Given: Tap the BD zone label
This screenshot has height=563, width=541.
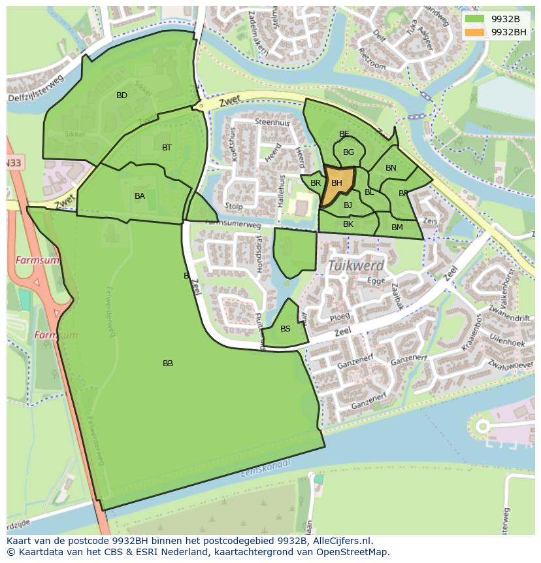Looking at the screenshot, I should [x=122, y=95].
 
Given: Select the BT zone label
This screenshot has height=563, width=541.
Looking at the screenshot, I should [x=167, y=148].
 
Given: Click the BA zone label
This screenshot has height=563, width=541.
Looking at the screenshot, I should [x=140, y=196].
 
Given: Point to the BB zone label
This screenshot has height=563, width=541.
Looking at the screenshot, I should [x=168, y=364].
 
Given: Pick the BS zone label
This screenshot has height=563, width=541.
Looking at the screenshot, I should [x=286, y=329].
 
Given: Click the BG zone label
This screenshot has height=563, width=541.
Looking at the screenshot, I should [x=349, y=152].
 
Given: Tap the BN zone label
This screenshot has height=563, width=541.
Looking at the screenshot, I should [x=391, y=168].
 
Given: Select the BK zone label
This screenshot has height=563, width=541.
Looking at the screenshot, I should [x=348, y=224].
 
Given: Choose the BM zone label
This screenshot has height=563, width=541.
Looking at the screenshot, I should [x=397, y=228].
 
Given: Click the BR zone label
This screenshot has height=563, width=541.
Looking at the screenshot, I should [x=316, y=183].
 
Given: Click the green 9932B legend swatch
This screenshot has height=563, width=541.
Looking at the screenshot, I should [x=475, y=19].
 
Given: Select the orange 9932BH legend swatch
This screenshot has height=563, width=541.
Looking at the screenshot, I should [x=475, y=32].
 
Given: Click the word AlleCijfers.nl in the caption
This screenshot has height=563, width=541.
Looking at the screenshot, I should [x=343, y=541].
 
